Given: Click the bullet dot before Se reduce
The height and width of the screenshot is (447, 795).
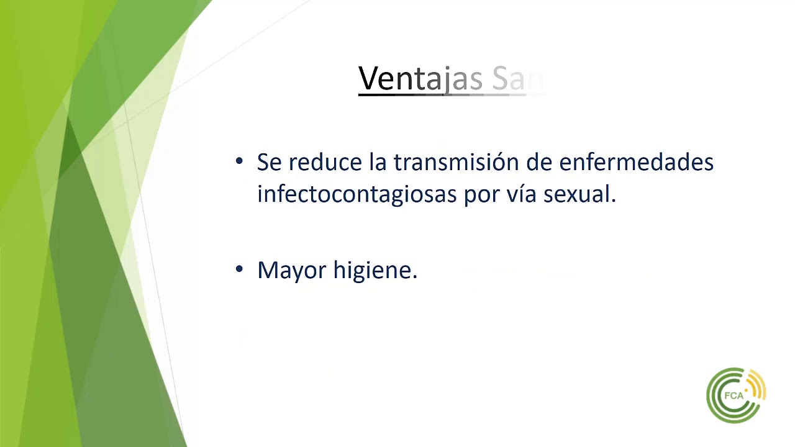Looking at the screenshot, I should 240,161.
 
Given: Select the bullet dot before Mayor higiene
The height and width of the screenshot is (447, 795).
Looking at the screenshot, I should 240,269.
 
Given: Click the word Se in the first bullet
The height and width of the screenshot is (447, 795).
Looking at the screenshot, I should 269,162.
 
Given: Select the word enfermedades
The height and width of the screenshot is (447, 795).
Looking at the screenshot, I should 636,162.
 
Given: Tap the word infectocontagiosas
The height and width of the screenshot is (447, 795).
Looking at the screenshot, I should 357,194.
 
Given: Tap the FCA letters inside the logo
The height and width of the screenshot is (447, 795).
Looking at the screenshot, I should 734,395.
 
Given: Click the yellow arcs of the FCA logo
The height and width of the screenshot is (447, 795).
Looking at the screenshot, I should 760,389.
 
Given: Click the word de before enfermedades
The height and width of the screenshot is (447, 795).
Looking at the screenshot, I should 539,162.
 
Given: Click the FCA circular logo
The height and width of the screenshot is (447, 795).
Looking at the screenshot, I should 735,395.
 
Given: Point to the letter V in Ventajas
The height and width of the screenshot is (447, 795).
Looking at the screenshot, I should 367,79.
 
